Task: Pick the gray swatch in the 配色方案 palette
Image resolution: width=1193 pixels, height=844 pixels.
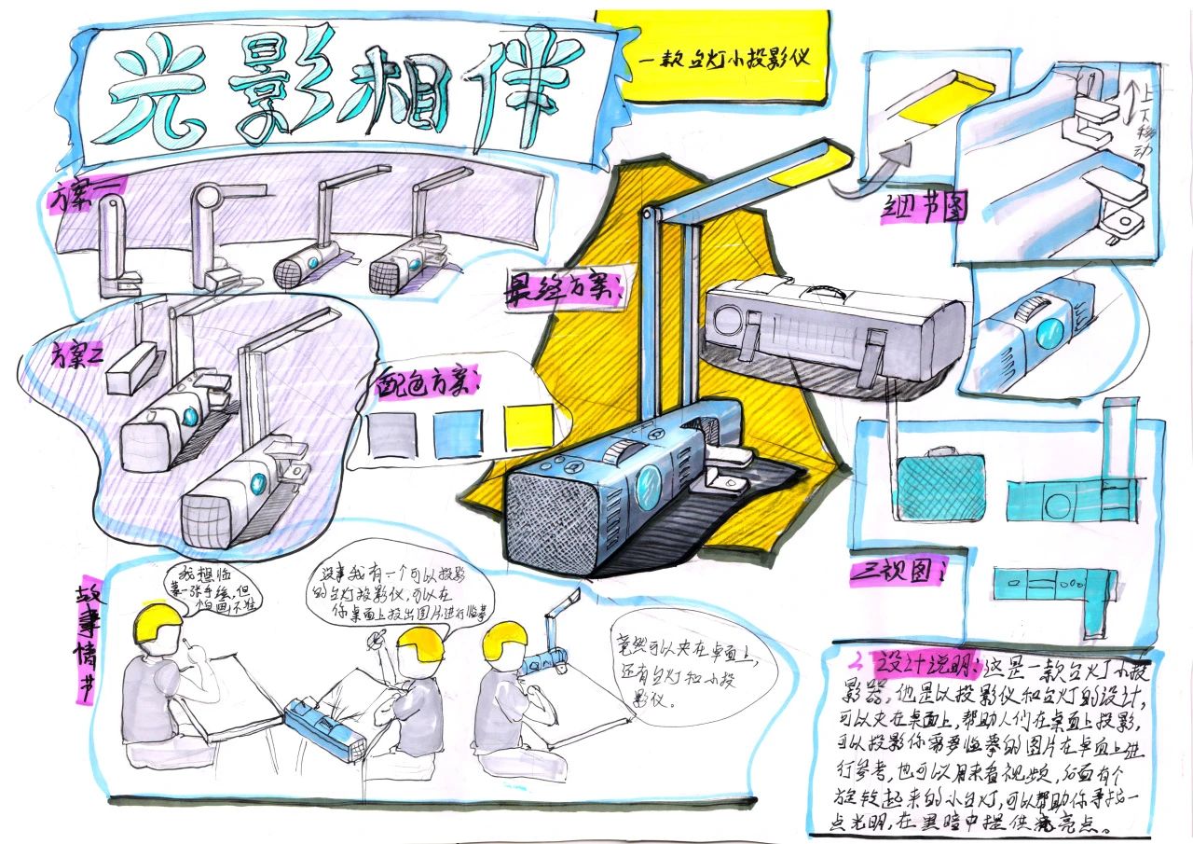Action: pyautogui.click(x=392, y=435)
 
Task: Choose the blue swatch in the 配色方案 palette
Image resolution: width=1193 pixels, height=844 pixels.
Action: pyautogui.click(x=457, y=431)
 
